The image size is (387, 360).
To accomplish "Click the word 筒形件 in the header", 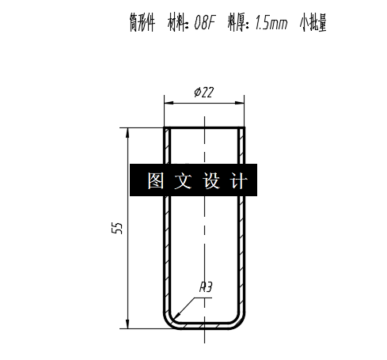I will pyautogui.click(x=142, y=24).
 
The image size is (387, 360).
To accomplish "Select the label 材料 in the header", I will pyautogui.click(x=178, y=24).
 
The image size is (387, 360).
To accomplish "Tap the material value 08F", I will pyautogui.click(x=204, y=24).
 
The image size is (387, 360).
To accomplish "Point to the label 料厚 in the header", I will pyautogui.click(x=236, y=24).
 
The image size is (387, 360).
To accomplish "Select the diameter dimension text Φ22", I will pyautogui.click(x=203, y=93).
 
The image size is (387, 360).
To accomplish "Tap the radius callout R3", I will pyautogui.click(x=206, y=287).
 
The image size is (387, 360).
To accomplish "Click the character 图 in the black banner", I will pyautogui.click(x=155, y=181).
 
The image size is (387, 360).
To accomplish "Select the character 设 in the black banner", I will pyautogui.click(x=211, y=181).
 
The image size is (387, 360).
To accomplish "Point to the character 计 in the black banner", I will pyautogui.click(x=239, y=181).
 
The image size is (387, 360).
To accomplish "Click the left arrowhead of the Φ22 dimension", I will pyautogui.click(x=167, y=101).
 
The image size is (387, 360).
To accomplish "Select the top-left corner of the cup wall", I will pyautogui.click(x=165, y=128).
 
